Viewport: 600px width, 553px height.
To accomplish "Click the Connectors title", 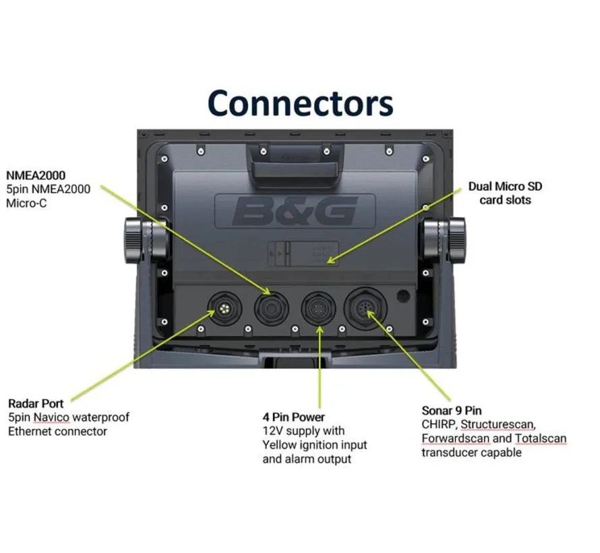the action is [301, 103].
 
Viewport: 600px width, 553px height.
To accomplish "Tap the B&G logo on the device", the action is [295, 211].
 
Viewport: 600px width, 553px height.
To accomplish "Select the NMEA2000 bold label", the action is [36, 175].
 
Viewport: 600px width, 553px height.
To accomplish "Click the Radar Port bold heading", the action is [36, 403].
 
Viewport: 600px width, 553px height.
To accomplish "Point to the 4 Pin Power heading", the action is [293, 417].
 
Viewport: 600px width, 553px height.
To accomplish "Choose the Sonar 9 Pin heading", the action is [452, 411].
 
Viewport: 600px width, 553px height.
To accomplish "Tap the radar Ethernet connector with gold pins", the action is [224, 308].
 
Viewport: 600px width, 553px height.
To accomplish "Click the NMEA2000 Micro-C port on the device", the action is [272, 308].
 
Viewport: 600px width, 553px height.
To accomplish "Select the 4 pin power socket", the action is [318, 308].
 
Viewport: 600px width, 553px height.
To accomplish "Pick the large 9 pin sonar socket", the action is [365, 308].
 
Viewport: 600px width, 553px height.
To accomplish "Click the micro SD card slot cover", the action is [303, 254].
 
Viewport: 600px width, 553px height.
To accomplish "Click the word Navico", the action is [52, 417].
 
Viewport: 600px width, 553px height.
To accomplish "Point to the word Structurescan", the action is [498, 424].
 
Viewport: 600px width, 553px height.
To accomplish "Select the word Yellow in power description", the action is [279, 444].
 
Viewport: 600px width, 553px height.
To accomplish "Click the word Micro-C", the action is [26, 203].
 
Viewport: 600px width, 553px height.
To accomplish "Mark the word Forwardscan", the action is [456, 438].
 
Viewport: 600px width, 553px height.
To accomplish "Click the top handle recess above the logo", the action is [295, 161].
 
